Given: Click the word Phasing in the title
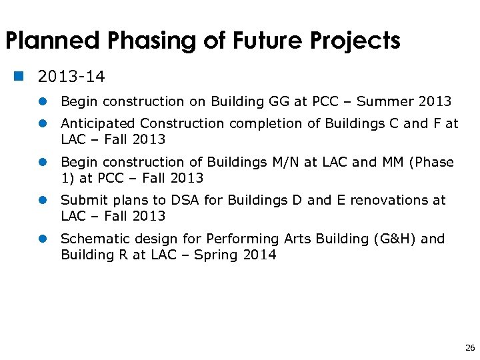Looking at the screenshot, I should [x=140, y=41].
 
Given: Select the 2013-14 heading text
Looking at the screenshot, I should [x=71, y=77].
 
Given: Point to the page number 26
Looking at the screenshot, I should [x=470, y=347].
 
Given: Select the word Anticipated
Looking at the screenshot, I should [x=99, y=123].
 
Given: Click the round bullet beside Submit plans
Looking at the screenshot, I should [x=42, y=201].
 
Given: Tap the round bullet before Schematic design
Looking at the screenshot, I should [x=42, y=239].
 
